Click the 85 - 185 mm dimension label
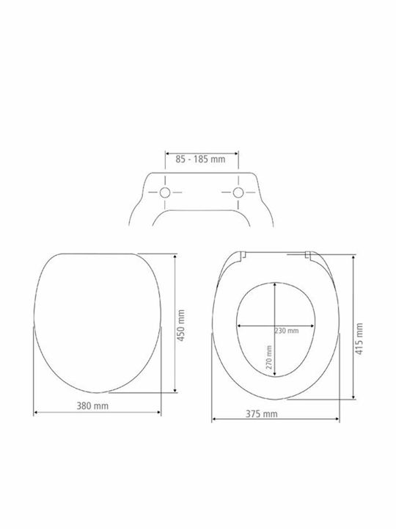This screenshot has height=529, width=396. click(200, 159)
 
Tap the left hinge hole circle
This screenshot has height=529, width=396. click(165, 192)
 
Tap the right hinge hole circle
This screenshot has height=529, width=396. click(238, 192)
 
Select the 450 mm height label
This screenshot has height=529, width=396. click(181, 325)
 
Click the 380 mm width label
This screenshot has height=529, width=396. click(92, 406)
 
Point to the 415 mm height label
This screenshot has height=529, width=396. click(359, 339)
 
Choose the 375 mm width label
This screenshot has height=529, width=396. click(262, 414)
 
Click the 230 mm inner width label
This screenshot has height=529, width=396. click(287, 331)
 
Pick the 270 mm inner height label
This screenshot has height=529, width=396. click(268, 357)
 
